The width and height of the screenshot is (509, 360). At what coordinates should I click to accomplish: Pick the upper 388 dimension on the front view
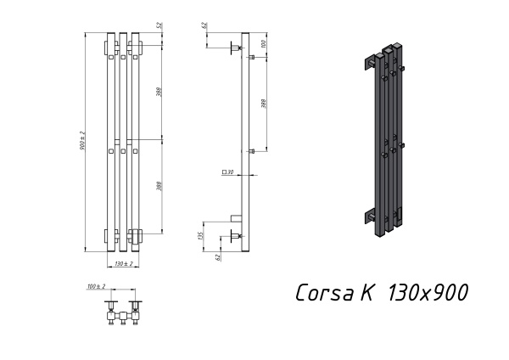(160, 92)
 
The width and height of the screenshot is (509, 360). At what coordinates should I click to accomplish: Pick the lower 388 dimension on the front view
(160, 185)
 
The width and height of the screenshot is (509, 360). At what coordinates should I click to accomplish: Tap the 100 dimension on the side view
(264, 42)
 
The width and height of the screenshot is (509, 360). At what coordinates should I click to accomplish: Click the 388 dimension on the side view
(264, 104)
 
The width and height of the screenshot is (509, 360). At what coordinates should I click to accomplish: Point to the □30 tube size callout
(227, 172)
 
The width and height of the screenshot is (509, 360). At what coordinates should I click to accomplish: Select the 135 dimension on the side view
(200, 234)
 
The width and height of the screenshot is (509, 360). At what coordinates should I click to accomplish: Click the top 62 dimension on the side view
(204, 25)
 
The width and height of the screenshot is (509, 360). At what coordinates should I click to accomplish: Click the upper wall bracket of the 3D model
(371, 62)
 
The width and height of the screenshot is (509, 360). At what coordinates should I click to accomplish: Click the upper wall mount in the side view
(236, 48)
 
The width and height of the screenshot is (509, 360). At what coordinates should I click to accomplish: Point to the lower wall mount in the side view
(236, 234)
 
